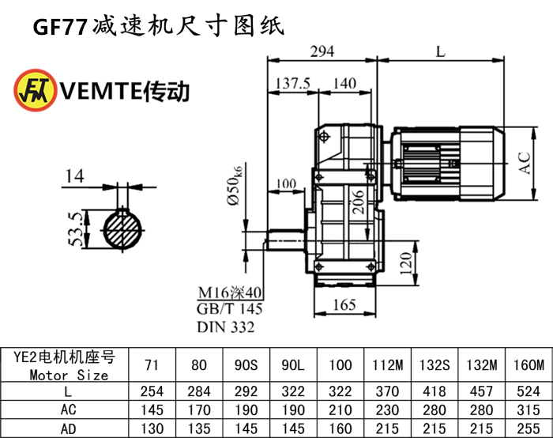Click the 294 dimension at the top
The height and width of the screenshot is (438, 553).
[322, 51]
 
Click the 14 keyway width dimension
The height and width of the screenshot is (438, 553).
[74, 176]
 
